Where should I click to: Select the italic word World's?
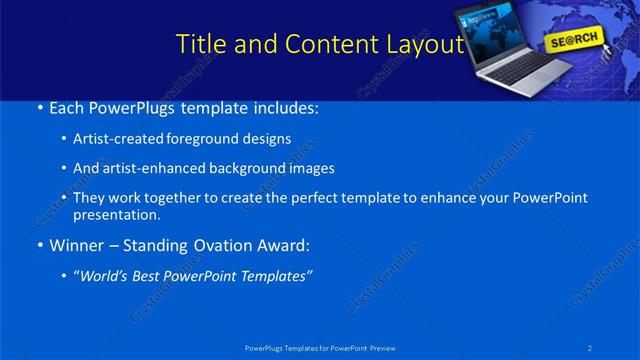click(x=106, y=276)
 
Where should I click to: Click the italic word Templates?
click(x=273, y=276)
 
